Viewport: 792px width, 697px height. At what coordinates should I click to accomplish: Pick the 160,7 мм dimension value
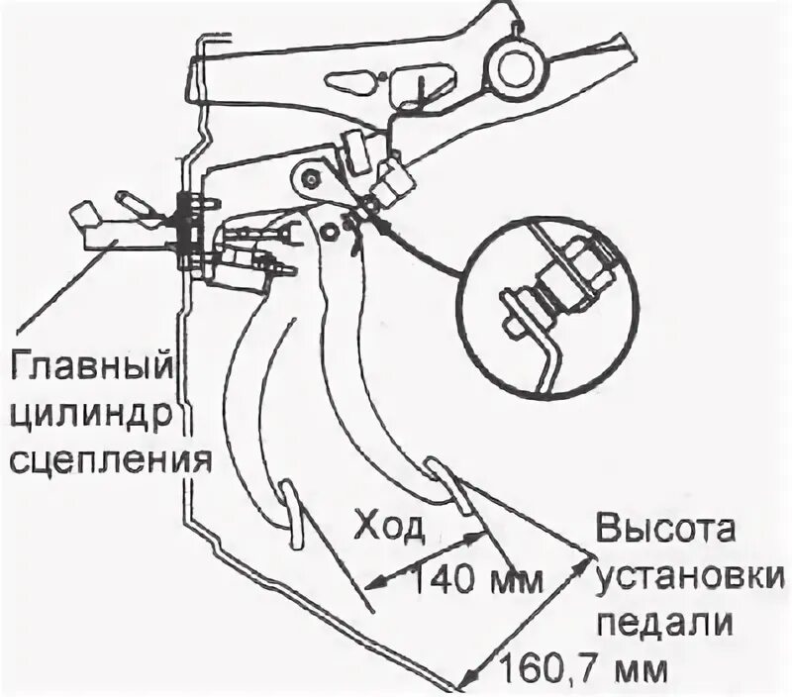point(584,667)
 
